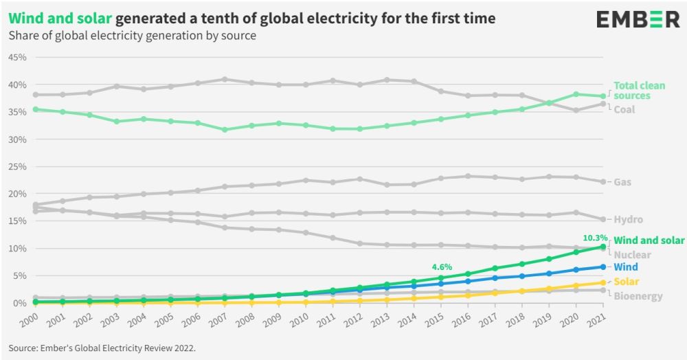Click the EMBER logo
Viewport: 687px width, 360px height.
[x=638, y=19]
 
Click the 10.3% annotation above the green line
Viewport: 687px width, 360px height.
[x=594, y=238]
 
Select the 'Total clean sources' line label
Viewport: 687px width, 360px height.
[x=640, y=91]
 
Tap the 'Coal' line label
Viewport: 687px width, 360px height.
[x=624, y=109]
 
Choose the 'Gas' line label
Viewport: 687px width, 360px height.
[x=622, y=182]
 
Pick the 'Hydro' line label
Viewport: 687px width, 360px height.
[x=628, y=220]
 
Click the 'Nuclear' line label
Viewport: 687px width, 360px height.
[x=632, y=255]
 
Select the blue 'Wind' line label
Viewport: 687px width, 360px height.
[x=626, y=267]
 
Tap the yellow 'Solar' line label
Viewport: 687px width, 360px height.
[x=627, y=282]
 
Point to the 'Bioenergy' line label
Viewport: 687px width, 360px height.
[x=638, y=296]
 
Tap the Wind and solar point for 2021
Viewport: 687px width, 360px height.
[x=602, y=247]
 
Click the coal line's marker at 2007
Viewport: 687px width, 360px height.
[x=225, y=79]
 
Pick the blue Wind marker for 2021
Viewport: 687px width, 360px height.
[x=602, y=267]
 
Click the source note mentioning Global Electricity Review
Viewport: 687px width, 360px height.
[x=102, y=348]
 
